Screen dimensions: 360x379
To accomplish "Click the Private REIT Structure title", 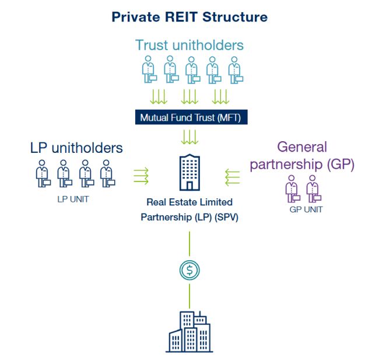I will point(189,17).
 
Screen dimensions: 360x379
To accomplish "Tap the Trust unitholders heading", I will point(189,45).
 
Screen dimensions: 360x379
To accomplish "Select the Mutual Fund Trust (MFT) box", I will point(190,117).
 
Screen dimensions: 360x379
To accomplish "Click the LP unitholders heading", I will point(76,148).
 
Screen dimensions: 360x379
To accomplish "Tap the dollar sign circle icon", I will point(189,270).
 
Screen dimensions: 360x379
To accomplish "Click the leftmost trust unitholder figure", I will point(149,69).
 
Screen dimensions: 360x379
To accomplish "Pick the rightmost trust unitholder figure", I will point(235,69).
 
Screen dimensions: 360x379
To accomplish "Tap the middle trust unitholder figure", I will point(192,69).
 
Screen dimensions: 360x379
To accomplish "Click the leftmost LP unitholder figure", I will point(42,173).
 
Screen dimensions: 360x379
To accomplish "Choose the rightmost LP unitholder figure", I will point(106,173).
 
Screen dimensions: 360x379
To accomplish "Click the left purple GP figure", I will point(292,188).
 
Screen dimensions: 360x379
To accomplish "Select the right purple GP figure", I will point(314,188).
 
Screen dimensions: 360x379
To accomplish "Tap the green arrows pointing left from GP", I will point(232,174).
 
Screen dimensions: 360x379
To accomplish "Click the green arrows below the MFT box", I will point(189,138).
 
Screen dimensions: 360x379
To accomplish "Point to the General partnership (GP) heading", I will point(302,155).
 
